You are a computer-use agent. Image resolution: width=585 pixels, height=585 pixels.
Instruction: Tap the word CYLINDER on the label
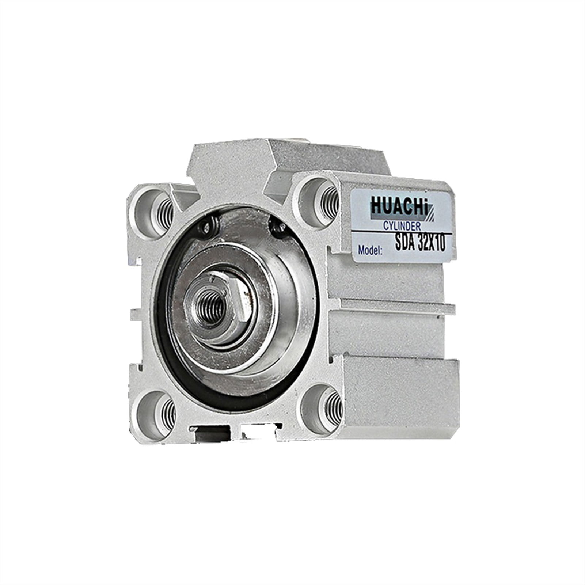coord(401,226)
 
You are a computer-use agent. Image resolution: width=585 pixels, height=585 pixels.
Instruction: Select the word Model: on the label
coord(370,250)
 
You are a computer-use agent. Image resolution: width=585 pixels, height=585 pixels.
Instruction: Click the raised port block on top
coord(234,164)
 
